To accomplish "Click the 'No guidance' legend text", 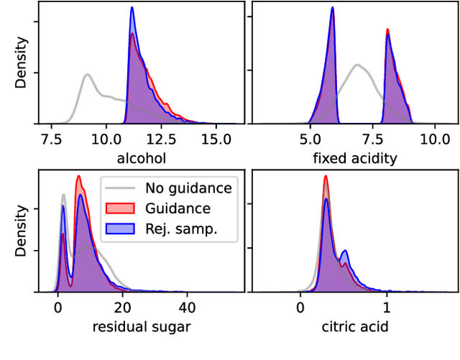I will pyautogui.click(x=188, y=189).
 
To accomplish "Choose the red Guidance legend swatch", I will pyautogui.click(x=119, y=208).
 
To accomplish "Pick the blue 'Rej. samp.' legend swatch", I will pyautogui.click(x=119, y=228).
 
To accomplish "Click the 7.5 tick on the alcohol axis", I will pyautogui.click(x=51, y=139).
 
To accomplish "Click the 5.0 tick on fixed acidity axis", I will pyautogui.click(x=310, y=139).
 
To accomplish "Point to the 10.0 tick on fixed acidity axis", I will pyautogui.click(x=434, y=139).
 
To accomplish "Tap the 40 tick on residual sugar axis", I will pyautogui.click(x=187, y=308).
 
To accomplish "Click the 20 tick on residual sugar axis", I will pyautogui.click(x=122, y=308).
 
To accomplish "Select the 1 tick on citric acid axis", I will pyautogui.click(x=387, y=308).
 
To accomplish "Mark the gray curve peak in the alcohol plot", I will pyautogui.click(x=87, y=74).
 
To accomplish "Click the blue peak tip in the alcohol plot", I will pyautogui.click(x=132, y=9).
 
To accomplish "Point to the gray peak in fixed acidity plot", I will pyautogui.click(x=357, y=65).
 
